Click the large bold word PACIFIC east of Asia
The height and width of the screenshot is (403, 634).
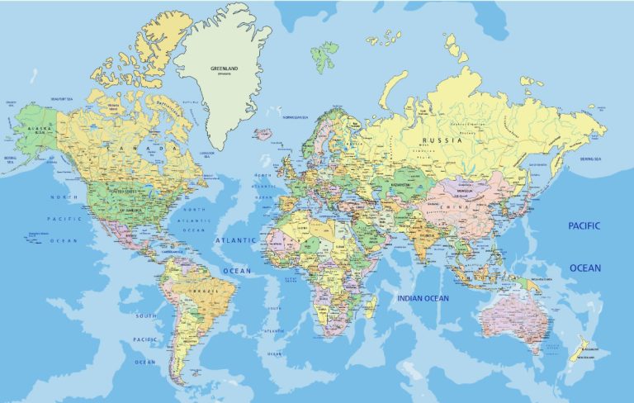pyautogui.click(x=584, y=225)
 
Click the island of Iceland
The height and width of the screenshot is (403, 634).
pyautogui.click(x=264, y=134)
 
